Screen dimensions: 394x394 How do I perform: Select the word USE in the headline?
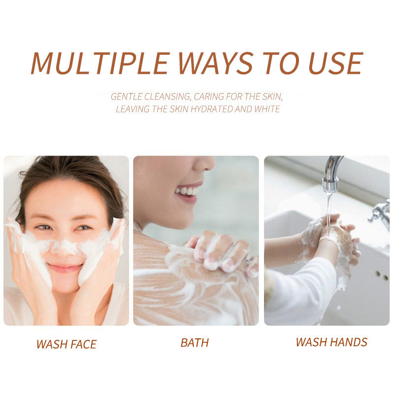pyautogui.click(x=330, y=64)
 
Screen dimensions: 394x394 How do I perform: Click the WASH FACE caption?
pyautogui.click(x=66, y=344)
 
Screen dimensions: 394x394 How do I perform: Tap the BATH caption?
pyautogui.click(x=195, y=343)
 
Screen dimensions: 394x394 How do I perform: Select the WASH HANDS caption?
pyautogui.click(x=331, y=342)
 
